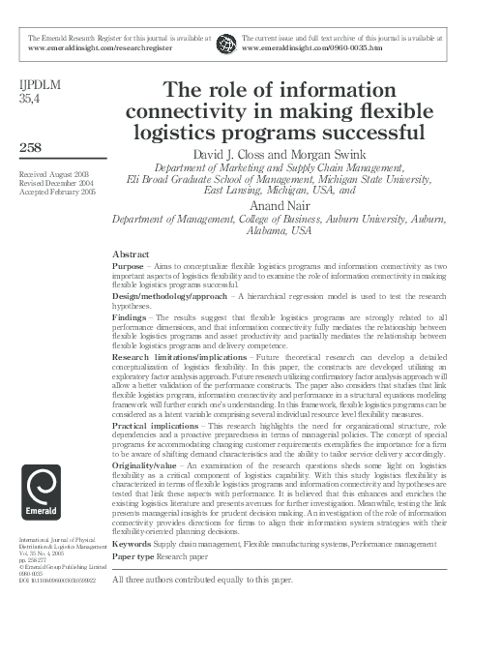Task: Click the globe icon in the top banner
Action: [226, 44]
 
